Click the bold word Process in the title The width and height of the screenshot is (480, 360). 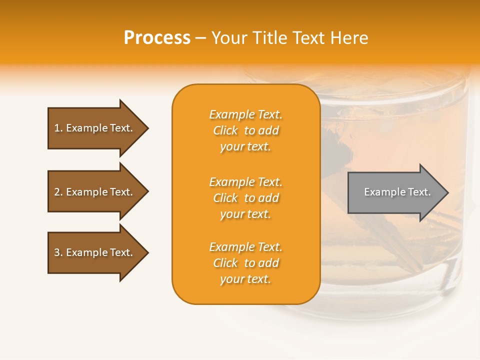pyautogui.click(x=157, y=38)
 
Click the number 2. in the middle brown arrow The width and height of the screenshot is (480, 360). pyautogui.click(x=58, y=192)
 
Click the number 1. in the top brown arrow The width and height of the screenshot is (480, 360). pyautogui.click(x=58, y=128)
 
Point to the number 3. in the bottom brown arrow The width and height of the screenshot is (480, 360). pyautogui.click(x=58, y=252)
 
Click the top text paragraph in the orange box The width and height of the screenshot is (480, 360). pyautogui.click(x=245, y=130)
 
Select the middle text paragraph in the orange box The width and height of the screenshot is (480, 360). pyautogui.click(x=245, y=198)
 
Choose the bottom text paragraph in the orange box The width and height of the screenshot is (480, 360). pyautogui.click(x=245, y=263)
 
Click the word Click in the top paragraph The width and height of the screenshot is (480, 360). pyautogui.click(x=225, y=130)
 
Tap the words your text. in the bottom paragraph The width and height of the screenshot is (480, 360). pyautogui.click(x=245, y=279)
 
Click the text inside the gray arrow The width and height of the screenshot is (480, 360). pyautogui.click(x=397, y=192)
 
